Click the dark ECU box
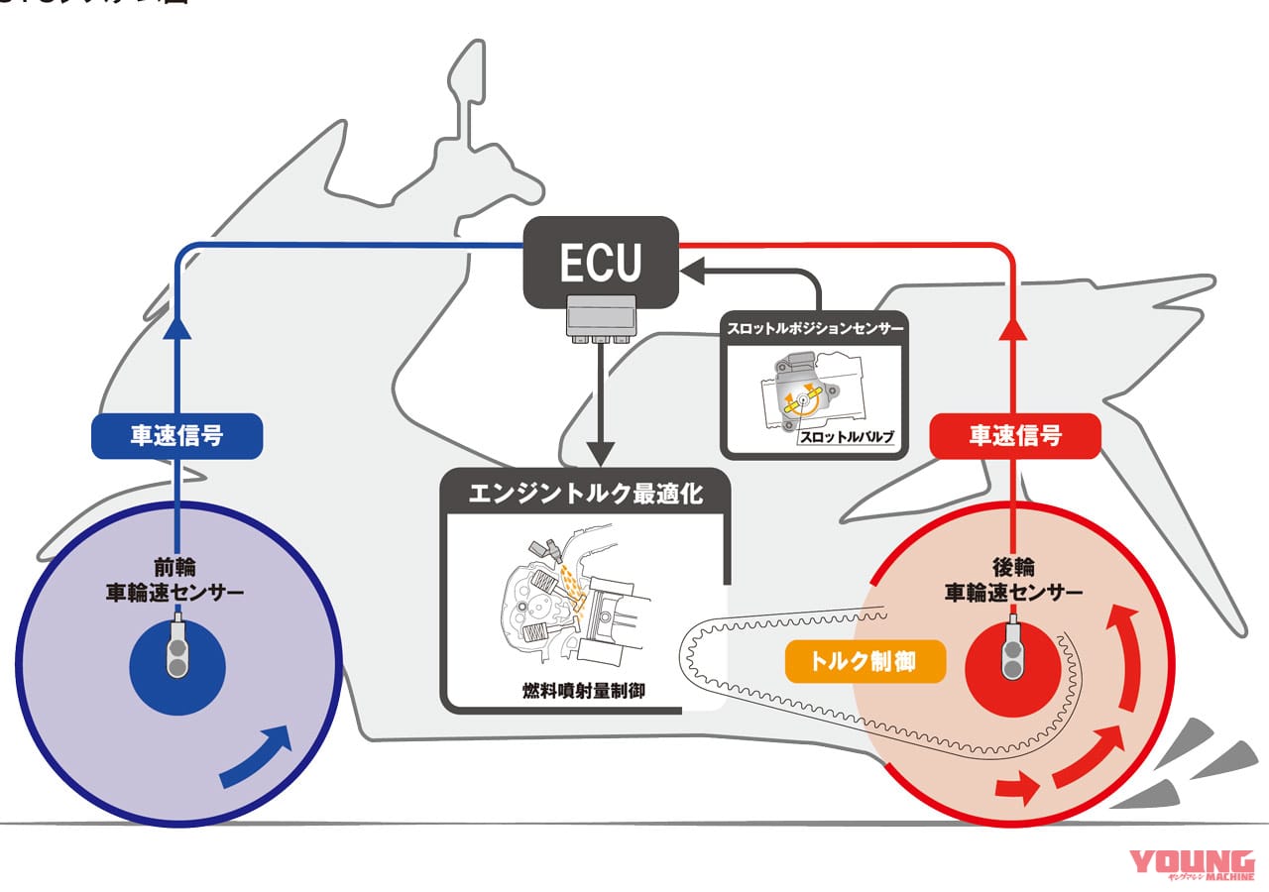point(601,261)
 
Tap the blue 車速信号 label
point(177,436)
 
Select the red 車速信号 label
point(1014,436)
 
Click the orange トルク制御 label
point(865,662)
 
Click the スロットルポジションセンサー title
point(815,328)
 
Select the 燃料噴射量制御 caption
point(583,690)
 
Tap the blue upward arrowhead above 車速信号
point(177,329)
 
